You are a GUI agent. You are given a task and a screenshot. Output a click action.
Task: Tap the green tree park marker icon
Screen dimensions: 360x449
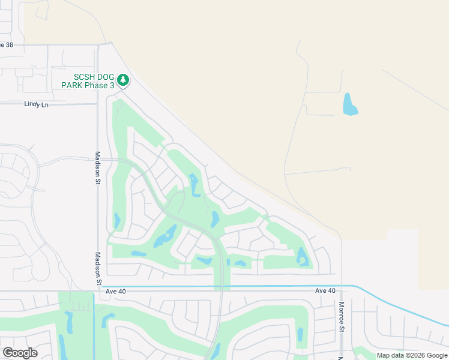[x=123, y=80]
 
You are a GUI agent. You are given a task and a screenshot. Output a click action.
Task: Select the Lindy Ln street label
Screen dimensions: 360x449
[x=36, y=104]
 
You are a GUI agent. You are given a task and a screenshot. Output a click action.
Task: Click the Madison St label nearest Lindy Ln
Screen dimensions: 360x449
[x=97, y=170]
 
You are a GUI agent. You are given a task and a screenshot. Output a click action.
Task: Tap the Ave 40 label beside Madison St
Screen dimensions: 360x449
[x=116, y=291]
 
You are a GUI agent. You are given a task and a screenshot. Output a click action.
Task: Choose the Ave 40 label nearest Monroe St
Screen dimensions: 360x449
[x=325, y=291]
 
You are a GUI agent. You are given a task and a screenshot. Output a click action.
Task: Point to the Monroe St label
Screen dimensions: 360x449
[x=340, y=327]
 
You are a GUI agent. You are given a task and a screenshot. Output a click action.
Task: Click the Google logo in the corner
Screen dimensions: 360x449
[x=20, y=353]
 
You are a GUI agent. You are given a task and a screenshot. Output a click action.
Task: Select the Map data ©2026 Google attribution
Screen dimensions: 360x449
[x=412, y=355]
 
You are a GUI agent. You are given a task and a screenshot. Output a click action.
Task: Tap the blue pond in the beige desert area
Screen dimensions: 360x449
[x=349, y=105]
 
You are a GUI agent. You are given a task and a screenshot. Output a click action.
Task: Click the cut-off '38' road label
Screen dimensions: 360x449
[x=7, y=44]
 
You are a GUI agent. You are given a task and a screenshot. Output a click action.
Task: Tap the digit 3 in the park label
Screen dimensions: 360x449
[x=112, y=86]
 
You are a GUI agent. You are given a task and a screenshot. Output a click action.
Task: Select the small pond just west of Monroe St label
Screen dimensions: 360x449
[x=300, y=334]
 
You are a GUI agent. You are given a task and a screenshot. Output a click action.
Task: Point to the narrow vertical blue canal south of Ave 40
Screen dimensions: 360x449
[x=94, y=324]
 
